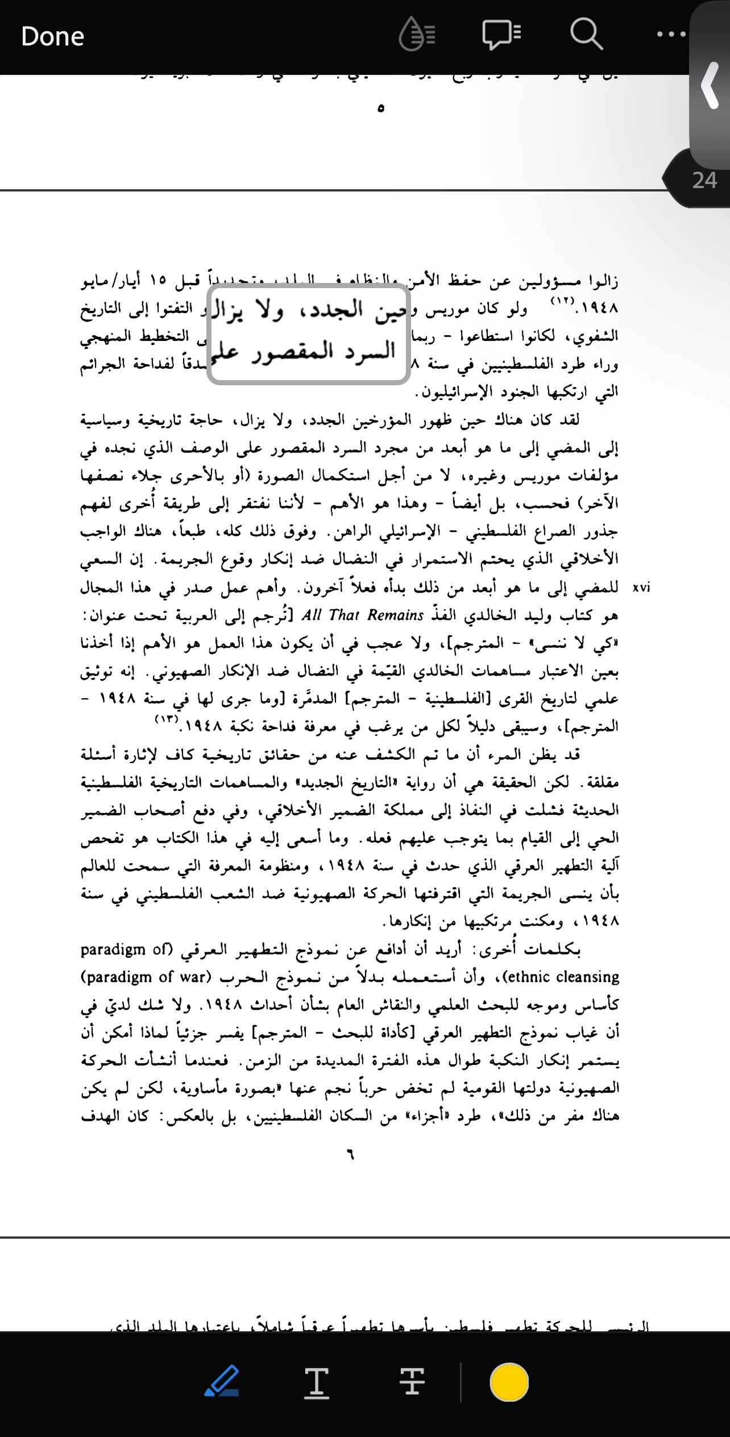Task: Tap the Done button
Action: [x=52, y=37]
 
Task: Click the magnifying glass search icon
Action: [x=586, y=35]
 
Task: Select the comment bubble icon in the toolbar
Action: [x=501, y=35]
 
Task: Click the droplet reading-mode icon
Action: [x=417, y=35]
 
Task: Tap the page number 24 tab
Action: [x=704, y=181]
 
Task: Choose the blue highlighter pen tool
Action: [x=221, y=1382]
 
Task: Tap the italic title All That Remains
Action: [x=363, y=615]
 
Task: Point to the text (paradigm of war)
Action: [x=146, y=977]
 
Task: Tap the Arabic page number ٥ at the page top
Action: [x=380, y=108]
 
